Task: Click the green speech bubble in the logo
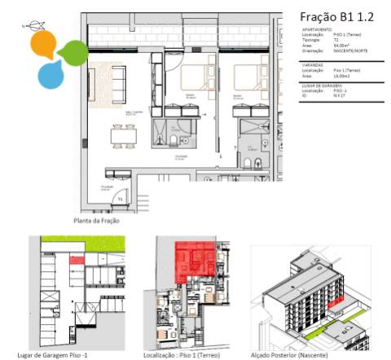pos(72,53)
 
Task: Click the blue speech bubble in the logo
pos(51,74)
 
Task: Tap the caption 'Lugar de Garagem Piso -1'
pos(64,355)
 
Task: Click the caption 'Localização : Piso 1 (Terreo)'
pos(187,355)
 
